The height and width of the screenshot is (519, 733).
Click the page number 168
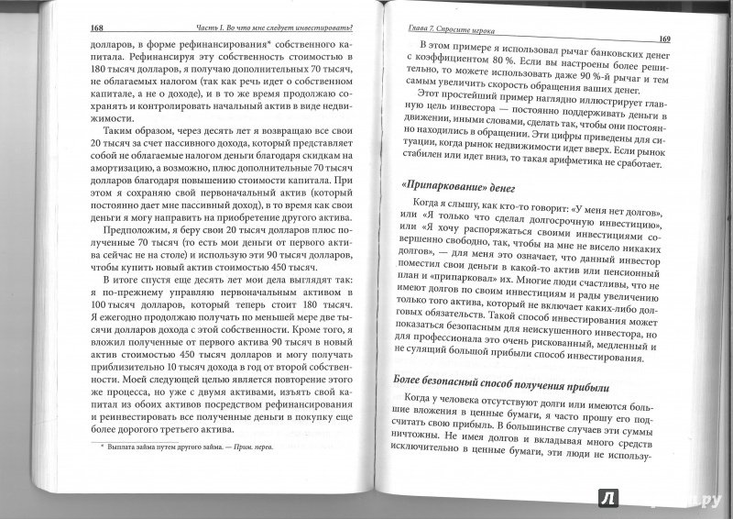click(x=99, y=28)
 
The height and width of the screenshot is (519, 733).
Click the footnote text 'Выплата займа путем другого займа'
click(x=173, y=448)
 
